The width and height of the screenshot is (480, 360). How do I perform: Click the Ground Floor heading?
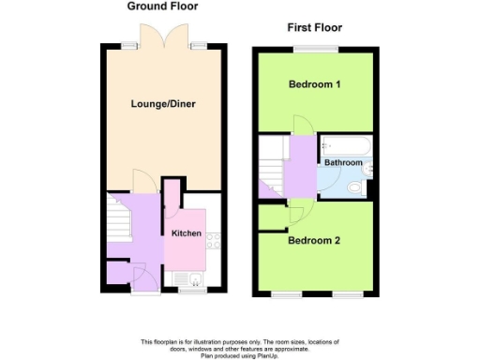(x=162, y=7)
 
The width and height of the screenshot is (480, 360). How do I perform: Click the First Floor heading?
(x=314, y=27)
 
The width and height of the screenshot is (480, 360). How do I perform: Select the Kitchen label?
(x=185, y=232)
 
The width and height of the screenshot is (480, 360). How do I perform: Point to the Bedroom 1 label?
(x=314, y=85)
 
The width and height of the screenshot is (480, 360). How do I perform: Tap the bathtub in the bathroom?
(x=346, y=145)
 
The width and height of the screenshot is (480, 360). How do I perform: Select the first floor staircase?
(x=273, y=163)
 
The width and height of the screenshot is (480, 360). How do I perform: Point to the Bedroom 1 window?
(x=314, y=48)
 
